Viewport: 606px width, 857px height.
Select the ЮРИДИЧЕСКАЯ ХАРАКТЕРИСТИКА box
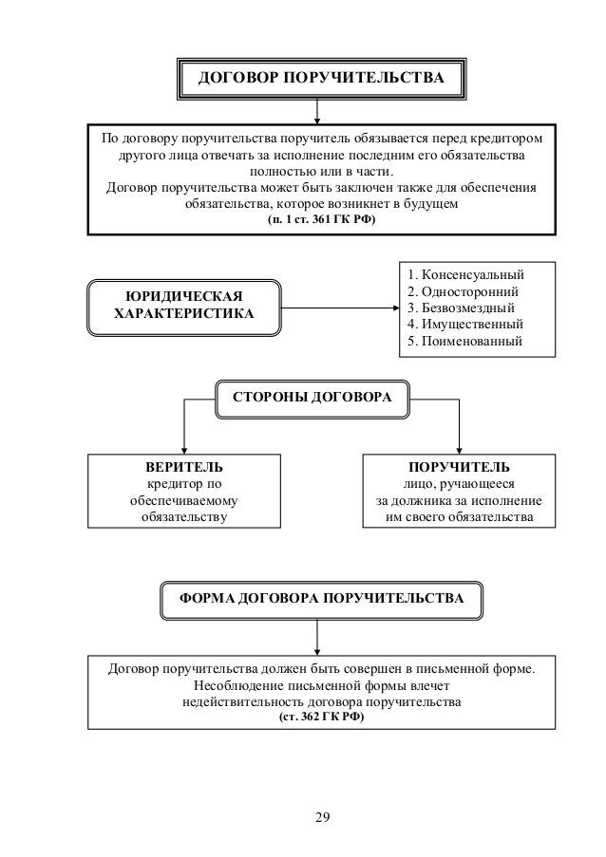pos(184,306)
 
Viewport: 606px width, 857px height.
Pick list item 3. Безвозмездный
pos(461,307)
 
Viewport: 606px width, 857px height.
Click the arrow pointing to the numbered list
pos(393,307)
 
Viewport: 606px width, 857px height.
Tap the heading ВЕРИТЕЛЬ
pos(184,468)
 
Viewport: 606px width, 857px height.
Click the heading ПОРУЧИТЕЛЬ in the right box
pos(459,468)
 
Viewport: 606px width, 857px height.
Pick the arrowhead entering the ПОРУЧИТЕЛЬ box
pos(459,450)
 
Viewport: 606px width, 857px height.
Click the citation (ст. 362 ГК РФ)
pos(321,718)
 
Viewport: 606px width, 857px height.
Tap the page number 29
pos(321,818)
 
